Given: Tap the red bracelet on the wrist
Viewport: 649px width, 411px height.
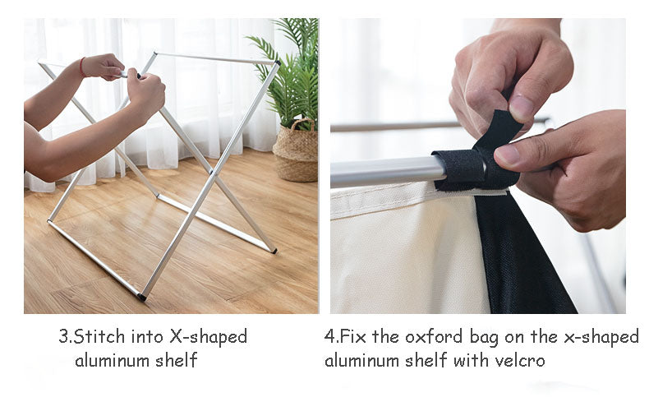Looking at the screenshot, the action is [x=82, y=67].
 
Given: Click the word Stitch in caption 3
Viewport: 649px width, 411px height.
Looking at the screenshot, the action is [x=99, y=336].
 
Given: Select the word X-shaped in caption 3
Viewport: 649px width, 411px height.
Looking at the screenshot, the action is [x=208, y=337].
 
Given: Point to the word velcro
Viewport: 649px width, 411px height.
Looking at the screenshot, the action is [x=519, y=361].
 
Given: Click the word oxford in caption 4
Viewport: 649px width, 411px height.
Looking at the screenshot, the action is [x=434, y=336].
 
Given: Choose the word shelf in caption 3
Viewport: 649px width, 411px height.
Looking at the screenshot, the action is [x=177, y=360].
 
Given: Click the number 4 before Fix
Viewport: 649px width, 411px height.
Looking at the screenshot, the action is [x=329, y=336].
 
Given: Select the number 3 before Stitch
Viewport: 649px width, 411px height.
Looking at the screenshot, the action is [x=64, y=336].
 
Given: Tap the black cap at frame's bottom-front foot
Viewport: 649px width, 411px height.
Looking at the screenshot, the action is [x=141, y=297].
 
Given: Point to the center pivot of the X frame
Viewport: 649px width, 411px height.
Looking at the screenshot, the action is [x=213, y=173].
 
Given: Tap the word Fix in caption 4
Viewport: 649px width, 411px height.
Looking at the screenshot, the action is [x=352, y=336].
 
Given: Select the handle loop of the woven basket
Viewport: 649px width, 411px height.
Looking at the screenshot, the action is [x=302, y=125].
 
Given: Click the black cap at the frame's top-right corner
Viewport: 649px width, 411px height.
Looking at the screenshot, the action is [x=278, y=63].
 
